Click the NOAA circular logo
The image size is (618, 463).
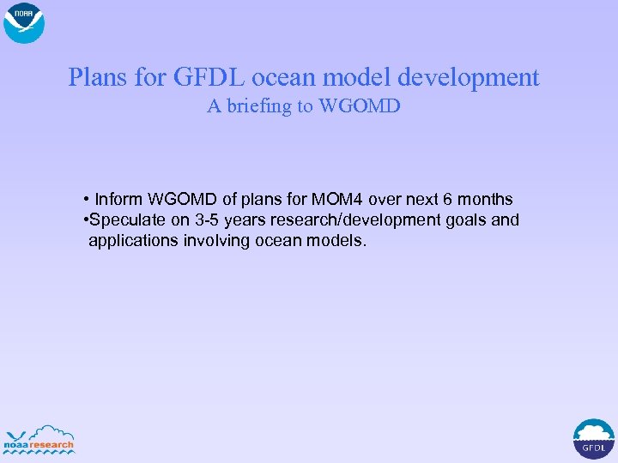click(x=24, y=23)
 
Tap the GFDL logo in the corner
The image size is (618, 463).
click(x=593, y=438)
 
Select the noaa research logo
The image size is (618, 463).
click(x=39, y=439)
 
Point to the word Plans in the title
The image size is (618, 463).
click(x=100, y=78)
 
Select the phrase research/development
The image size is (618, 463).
click(x=354, y=220)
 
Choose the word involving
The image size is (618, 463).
click(x=218, y=241)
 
